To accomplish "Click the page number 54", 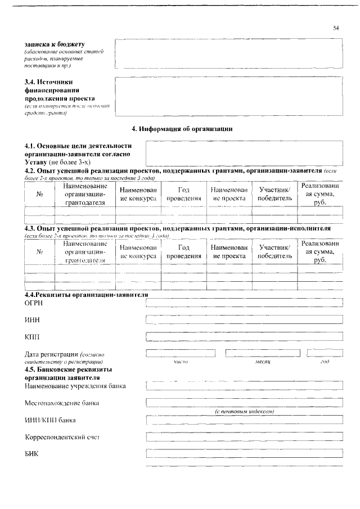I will tap(336, 28).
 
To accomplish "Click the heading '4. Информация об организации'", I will tap(182, 129).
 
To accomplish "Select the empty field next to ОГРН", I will tap(244, 304).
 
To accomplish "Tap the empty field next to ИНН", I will tap(244, 320).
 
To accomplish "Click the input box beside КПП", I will tap(244, 337).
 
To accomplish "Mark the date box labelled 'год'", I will tap(325, 353).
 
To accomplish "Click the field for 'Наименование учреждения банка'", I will tap(244, 386).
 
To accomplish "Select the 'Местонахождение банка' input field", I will tap(244, 403).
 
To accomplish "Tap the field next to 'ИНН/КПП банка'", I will tap(244, 420).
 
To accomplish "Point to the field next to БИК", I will tap(244, 454).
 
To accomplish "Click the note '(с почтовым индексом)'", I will tap(244, 411).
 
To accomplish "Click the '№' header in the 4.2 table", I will tap(40, 194).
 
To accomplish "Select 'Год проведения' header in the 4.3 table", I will tap(183, 251).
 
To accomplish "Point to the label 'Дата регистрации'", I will tap(51, 354).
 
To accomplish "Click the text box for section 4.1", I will tap(244, 151).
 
